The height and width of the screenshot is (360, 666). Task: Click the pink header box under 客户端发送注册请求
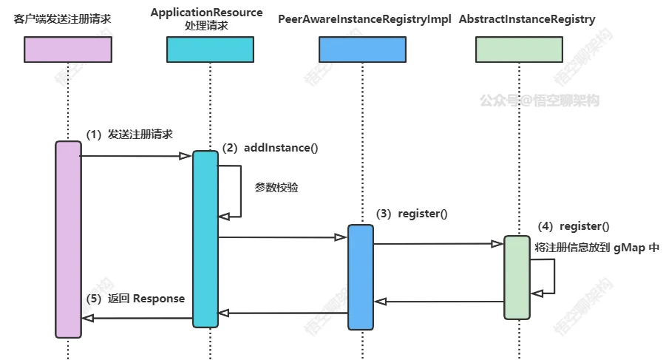68,49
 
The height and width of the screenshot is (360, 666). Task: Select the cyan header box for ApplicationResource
210,49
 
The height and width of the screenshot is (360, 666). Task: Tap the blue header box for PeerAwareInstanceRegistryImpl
362,49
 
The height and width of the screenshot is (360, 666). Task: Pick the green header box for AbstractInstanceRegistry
519,49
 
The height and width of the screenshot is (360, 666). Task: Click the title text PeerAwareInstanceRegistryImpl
364,19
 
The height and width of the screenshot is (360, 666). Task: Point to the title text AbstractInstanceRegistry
526,19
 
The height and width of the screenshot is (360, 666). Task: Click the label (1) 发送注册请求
129,135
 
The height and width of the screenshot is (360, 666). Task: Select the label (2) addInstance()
270,148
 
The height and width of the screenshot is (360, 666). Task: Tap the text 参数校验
276,188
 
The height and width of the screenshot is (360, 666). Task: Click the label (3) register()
412,214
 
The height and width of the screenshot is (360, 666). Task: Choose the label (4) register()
574,226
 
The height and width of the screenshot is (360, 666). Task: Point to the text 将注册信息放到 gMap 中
597,248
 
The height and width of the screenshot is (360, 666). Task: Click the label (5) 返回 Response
135,299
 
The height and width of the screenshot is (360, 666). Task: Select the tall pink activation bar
68,239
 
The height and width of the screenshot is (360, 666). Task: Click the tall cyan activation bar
205,238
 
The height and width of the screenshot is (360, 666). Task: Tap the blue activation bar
361,276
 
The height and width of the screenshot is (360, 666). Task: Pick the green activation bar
517,277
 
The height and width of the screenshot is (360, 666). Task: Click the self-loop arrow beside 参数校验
238,191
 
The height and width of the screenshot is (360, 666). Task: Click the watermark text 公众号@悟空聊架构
539,101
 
